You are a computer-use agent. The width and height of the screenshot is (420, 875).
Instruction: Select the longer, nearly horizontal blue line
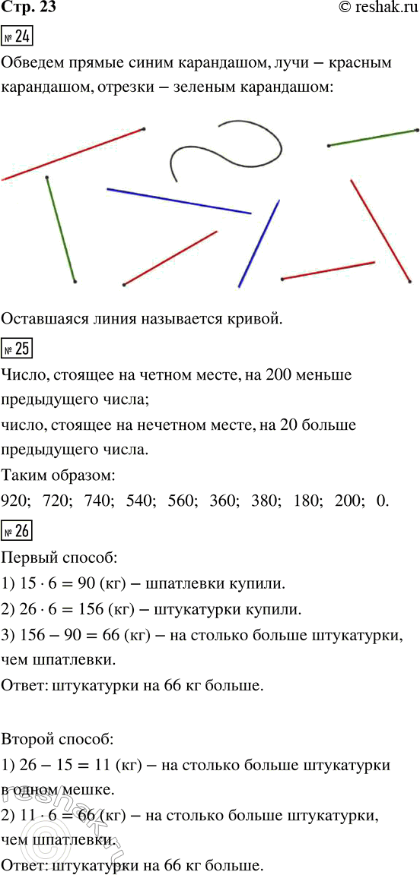[179, 201]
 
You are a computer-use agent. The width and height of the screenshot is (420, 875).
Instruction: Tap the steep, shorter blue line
[259, 243]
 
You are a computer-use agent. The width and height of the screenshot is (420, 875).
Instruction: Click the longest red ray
[73, 154]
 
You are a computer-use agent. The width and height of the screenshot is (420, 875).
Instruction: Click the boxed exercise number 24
[17, 36]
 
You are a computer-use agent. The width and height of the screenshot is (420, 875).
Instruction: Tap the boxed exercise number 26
[17, 529]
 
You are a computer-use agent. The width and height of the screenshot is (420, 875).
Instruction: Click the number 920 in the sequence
[16, 503]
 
